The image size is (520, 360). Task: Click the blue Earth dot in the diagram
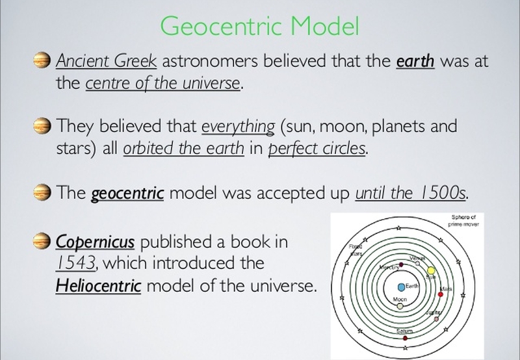[x=401, y=287]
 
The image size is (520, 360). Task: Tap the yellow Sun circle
[x=431, y=270]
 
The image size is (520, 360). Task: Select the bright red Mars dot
[x=441, y=294]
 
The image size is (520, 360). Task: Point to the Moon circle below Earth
[x=400, y=306]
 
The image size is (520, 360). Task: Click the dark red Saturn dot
[x=405, y=338]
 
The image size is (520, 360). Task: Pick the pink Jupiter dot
[x=436, y=319]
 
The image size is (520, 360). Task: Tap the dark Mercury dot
[x=401, y=264]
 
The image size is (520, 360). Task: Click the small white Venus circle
[x=417, y=264]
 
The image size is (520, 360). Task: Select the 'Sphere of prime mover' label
[x=463, y=221]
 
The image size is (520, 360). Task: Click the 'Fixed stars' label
[x=356, y=250]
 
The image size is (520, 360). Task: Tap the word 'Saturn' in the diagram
[x=404, y=331]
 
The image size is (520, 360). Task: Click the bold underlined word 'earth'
[x=415, y=61]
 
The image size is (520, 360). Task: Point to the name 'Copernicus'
[x=95, y=242]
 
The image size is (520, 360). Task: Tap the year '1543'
[x=76, y=263]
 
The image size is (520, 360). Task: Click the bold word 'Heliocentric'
[x=99, y=285]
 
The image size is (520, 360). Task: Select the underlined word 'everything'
[x=238, y=127]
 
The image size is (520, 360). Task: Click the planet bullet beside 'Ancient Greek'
[x=42, y=60]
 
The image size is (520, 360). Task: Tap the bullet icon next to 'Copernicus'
[x=42, y=240]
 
